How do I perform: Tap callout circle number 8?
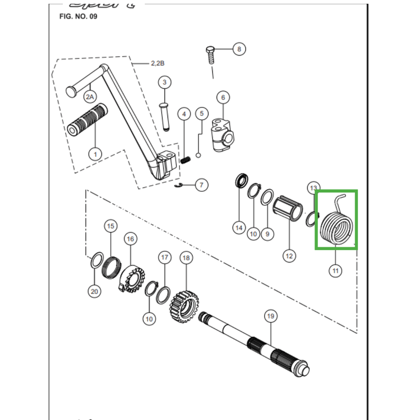[239, 49]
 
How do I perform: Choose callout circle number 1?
[95, 154]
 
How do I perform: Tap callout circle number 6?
[223, 97]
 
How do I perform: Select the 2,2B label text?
[158, 63]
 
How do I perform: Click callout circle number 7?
[202, 185]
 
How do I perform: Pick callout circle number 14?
[239, 227]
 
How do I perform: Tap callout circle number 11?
[335, 271]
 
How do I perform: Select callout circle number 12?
[289, 256]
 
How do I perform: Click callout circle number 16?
[130, 239]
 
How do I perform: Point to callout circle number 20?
[94, 291]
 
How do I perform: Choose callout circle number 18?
[186, 258]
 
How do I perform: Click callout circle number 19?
[270, 316]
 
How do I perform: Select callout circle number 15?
[110, 226]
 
